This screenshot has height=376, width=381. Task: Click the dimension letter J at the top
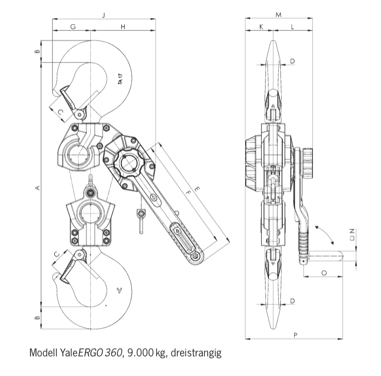[x=104, y=15]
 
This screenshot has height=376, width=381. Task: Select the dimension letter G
[x=73, y=26]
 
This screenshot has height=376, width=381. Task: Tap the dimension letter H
[x=122, y=26]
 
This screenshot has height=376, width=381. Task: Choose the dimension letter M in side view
[x=278, y=15]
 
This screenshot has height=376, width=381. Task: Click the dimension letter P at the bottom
[x=295, y=336]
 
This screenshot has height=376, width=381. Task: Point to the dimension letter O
[x=324, y=272]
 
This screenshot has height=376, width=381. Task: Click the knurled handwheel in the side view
[x=308, y=164]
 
